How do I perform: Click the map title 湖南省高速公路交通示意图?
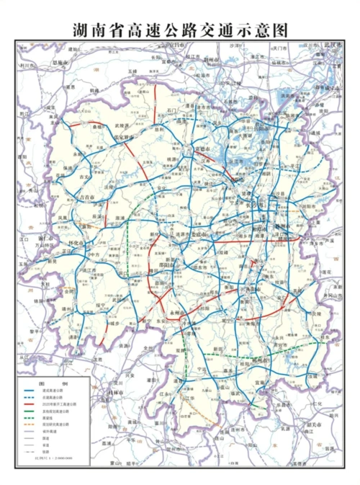click(180, 30)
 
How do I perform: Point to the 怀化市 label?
click(76, 244)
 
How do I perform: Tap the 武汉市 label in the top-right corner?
click(333, 45)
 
